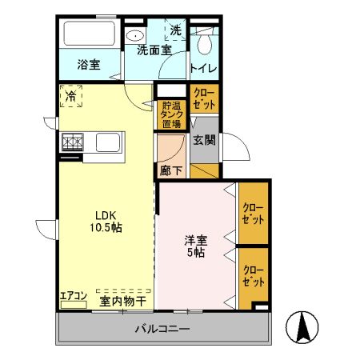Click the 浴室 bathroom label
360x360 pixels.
click(88, 65)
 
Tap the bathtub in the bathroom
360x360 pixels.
click(90, 36)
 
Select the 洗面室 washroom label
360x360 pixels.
click(154, 50)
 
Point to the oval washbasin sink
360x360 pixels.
click(137, 34)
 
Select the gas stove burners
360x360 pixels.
click(73, 142)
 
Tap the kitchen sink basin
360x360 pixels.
click(109, 143)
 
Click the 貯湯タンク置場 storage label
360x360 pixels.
click(171, 114)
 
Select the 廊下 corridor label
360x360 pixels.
click(169, 170)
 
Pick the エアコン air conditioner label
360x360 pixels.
click(73, 296)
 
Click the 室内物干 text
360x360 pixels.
click(122, 301)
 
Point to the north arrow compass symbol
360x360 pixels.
click(304, 328)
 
